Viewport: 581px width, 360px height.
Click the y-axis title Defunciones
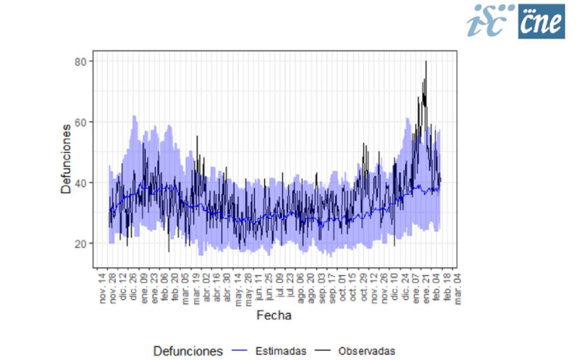point(66,159)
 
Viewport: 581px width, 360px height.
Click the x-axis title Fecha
point(274,315)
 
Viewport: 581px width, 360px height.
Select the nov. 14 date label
point(103,288)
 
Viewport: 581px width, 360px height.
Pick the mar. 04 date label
point(458,288)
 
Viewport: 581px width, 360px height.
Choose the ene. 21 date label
point(426,288)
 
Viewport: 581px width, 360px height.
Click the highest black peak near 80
point(426,62)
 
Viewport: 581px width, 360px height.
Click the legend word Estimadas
point(281,351)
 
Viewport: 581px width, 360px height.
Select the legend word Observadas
point(366,351)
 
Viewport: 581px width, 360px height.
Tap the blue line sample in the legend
point(239,351)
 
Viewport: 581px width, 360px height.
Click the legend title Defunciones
point(188,351)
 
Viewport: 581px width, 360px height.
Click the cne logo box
point(542,22)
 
